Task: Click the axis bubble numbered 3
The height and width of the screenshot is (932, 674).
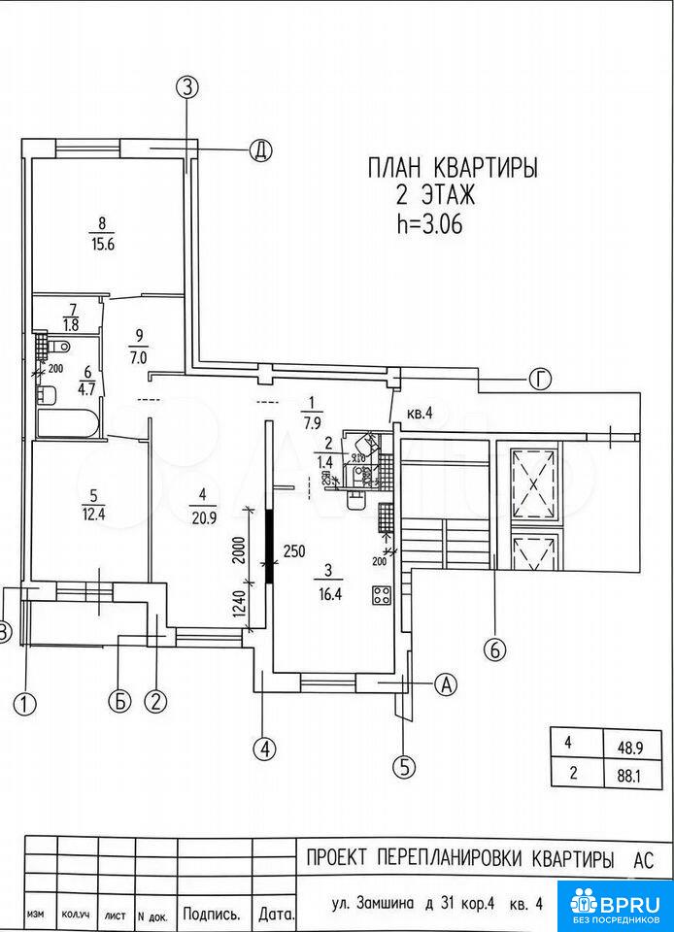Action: pos(187,86)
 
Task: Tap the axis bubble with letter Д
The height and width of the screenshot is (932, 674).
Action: pos(259,150)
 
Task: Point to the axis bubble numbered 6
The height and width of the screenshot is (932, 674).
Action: pos(495,650)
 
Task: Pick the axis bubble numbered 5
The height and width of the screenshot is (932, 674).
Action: pos(405,766)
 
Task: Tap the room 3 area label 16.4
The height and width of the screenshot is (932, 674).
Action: pos(333,597)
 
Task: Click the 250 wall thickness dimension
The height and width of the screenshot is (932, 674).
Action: pos(294,551)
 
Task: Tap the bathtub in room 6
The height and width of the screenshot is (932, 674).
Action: pos(66,423)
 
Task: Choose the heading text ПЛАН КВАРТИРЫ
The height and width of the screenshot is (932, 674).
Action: pos(453,168)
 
